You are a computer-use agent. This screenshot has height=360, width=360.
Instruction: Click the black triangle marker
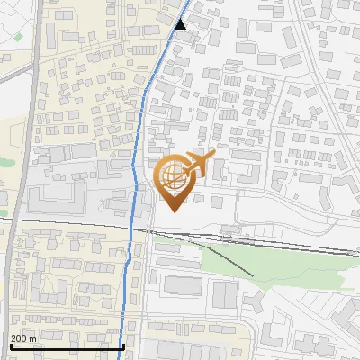tap(181, 24)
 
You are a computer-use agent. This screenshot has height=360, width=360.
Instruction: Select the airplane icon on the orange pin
tap(199, 165)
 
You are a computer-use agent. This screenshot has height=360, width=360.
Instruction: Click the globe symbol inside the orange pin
tap(171, 175)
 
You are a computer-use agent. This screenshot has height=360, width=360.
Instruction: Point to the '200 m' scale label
tap(24, 337)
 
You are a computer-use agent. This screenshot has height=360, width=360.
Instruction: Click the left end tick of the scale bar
tap(11, 344)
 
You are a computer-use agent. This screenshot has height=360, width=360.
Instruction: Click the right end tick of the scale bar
tap(123, 344)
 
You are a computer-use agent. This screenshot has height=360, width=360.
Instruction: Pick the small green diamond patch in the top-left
tap(18, 38)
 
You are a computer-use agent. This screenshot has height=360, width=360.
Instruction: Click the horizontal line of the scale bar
tap(67, 346)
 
